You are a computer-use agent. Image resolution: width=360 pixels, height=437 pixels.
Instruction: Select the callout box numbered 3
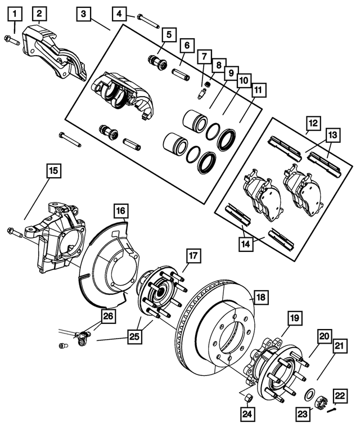tap(83, 13)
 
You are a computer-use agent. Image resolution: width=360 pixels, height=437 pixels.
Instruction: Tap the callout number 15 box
tap(53, 170)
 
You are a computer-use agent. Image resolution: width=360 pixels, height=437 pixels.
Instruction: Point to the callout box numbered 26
tap(107, 316)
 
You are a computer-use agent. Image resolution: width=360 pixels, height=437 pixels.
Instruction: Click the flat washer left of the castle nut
tap(309, 394)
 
